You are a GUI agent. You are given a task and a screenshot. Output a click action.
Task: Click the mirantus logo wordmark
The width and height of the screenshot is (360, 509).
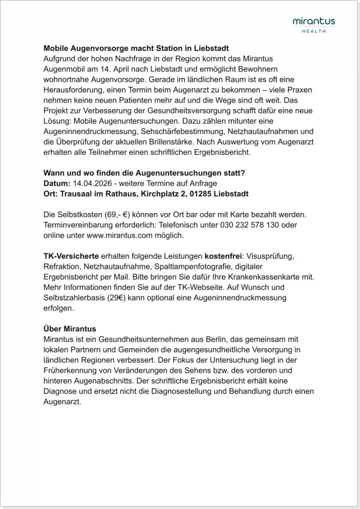pyautogui.click(x=314, y=22)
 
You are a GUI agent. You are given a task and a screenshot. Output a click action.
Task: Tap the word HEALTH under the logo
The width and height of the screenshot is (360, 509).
pyautogui.click(x=314, y=31)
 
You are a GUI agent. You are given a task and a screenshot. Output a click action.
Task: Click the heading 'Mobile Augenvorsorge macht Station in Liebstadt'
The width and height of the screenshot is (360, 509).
pyautogui.click(x=136, y=47)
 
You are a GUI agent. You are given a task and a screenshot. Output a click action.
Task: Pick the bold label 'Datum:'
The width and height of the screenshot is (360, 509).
pyautogui.click(x=57, y=183)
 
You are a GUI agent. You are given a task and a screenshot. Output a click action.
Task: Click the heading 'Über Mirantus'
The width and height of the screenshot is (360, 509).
pyautogui.click(x=70, y=329)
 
